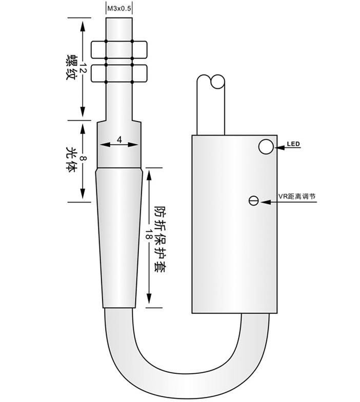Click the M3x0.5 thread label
pos(119,9)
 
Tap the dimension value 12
pos(83,69)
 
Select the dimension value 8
pos(83,158)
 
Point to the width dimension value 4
pos(119,139)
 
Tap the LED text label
pos(293,144)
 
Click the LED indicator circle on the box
pos(266,147)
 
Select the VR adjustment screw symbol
pos(253,200)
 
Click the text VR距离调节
pos(297,196)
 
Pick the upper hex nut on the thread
pos(119,49)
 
